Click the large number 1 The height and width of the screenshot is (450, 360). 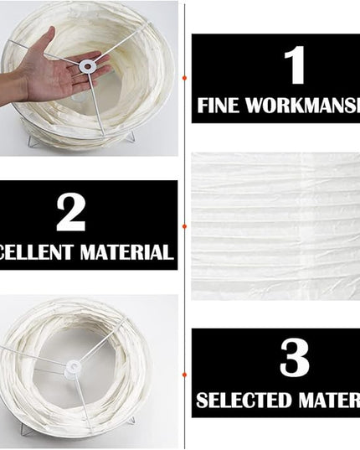294,65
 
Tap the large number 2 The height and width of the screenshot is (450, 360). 71,214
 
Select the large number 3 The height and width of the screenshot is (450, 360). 294,359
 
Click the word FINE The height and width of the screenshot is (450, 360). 219,106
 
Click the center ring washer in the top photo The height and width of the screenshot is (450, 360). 87,64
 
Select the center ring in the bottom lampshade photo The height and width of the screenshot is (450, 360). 75,366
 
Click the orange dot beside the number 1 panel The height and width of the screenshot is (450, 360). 184,78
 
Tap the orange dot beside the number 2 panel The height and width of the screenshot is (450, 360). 184,225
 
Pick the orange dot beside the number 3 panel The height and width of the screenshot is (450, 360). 184,374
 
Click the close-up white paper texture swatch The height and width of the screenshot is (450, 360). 275,226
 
